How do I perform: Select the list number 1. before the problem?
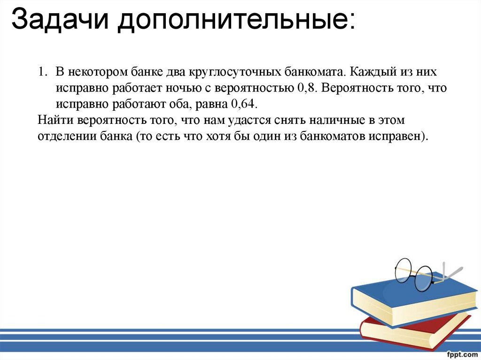coord(43,73)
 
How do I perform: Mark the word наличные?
coord(338,120)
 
